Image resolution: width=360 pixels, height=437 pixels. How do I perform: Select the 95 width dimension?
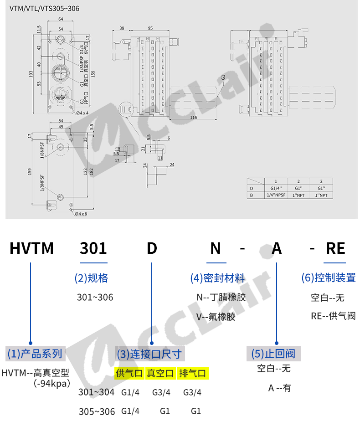tap(150, 28)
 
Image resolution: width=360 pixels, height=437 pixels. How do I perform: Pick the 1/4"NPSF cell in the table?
tap(275, 195)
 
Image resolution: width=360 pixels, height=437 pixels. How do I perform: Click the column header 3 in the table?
tap(321, 181)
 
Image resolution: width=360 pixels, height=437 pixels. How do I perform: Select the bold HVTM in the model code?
tap(32, 248)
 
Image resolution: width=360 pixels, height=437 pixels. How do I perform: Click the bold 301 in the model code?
tap(93, 248)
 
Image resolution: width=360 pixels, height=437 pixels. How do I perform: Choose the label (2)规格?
tap(91, 278)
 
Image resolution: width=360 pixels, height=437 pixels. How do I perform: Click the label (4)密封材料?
tap(217, 278)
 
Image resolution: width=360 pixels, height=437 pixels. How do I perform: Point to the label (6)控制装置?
tap(329, 277)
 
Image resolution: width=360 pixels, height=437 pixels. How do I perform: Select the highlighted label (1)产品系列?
tap(35, 353)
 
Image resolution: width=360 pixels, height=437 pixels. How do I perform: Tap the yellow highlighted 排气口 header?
tap(192, 374)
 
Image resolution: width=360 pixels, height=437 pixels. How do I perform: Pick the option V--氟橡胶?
tap(216, 317)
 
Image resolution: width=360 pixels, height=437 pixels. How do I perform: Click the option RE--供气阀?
tap(333, 315)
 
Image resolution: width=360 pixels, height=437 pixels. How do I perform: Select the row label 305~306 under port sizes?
tap(97, 411)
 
